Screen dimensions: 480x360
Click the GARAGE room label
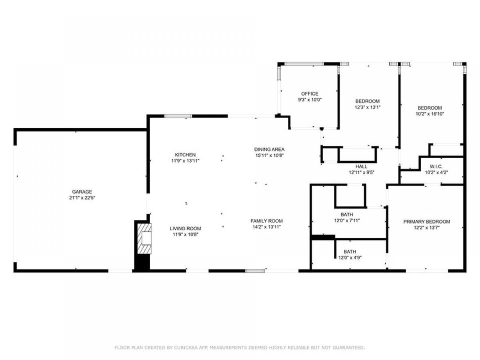point(82,192)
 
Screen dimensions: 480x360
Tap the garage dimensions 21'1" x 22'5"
point(82,198)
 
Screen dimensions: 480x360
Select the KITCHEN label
point(185,155)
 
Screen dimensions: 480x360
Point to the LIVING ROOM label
point(185,228)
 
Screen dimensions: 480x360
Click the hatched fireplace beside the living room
point(144,238)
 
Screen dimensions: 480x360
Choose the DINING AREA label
point(269,150)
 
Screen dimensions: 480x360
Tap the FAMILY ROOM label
point(266,221)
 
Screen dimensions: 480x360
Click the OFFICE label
point(310,94)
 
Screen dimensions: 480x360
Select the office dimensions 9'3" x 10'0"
point(310,100)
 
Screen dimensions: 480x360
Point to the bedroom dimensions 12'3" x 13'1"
point(367,107)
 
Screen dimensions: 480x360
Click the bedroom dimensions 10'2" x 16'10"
point(430,114)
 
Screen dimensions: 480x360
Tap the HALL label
point(361,166)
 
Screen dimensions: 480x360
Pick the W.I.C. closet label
point(436,166)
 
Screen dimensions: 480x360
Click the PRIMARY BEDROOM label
point(427,222)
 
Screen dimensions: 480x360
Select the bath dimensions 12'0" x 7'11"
point(347,220)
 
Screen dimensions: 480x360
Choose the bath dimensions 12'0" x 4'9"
point(350,258)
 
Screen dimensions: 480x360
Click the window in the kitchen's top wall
point(178,116)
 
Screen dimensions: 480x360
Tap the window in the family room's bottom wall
point(255,271)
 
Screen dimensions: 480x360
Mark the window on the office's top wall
point(304,64)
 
